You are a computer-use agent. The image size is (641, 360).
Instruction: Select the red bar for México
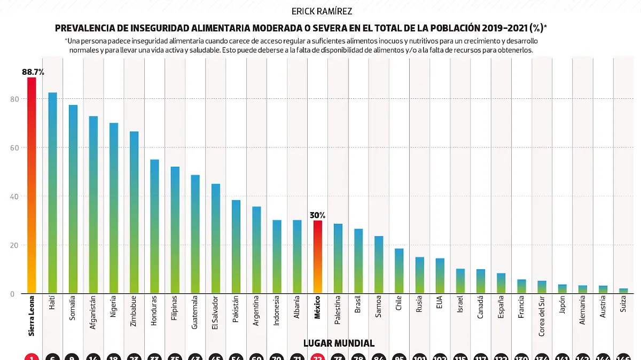[x=318, y=257]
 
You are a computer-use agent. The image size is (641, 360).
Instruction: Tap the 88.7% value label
[x=33, y=72]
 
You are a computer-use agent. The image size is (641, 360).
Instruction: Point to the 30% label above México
[x=317, y=215]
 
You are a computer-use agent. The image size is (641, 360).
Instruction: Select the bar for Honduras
[x=154, y=226]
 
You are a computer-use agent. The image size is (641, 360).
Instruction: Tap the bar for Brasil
[x=358, y=261]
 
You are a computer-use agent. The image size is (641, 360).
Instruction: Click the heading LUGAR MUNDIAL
[x=339, y=343]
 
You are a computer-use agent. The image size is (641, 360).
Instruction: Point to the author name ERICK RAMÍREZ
[x=322, y=11]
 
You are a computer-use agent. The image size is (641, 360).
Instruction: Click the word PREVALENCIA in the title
[x=85, y=28]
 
